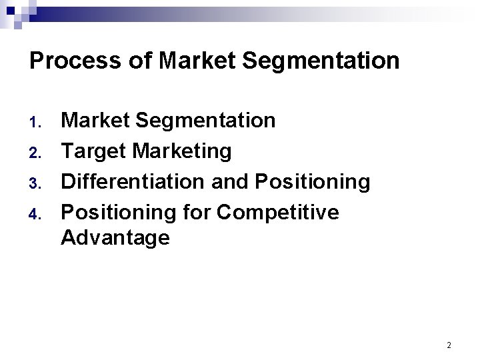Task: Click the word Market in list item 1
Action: pyautogui.click(x=95, y=121)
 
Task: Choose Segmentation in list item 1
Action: pyautogui.click(x=205, y=121)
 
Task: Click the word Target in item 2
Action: pyautogui.click(x=93, y=152)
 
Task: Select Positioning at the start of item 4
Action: pyautogui.click(x=119, y=213)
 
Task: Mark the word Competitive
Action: pyautogui.click(x=278, y=213)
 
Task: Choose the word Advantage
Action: pyautogui.click(x=115, y=238)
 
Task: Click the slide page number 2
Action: pyautogui.click(x=449, y=345)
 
